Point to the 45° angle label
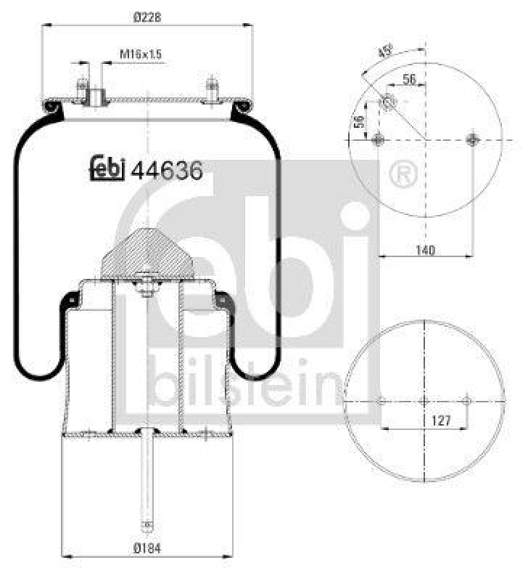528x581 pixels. pyautogui.click(x=386, y=52)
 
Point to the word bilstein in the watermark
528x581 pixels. pyautogui.click(x=244, y=383)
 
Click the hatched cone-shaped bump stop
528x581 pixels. pyautogui.click(x=148, y=253)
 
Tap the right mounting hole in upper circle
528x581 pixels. pyautogui.click(x=474, y=139)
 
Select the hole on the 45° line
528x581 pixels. pyautogui.click(x=389, y=104)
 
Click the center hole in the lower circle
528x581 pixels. pyautogui.click(x=425, y=401)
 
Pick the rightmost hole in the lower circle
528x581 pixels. pyautogui.click(x=467, y=401)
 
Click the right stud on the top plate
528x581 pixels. pyautogui.click(x=211, y=88)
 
